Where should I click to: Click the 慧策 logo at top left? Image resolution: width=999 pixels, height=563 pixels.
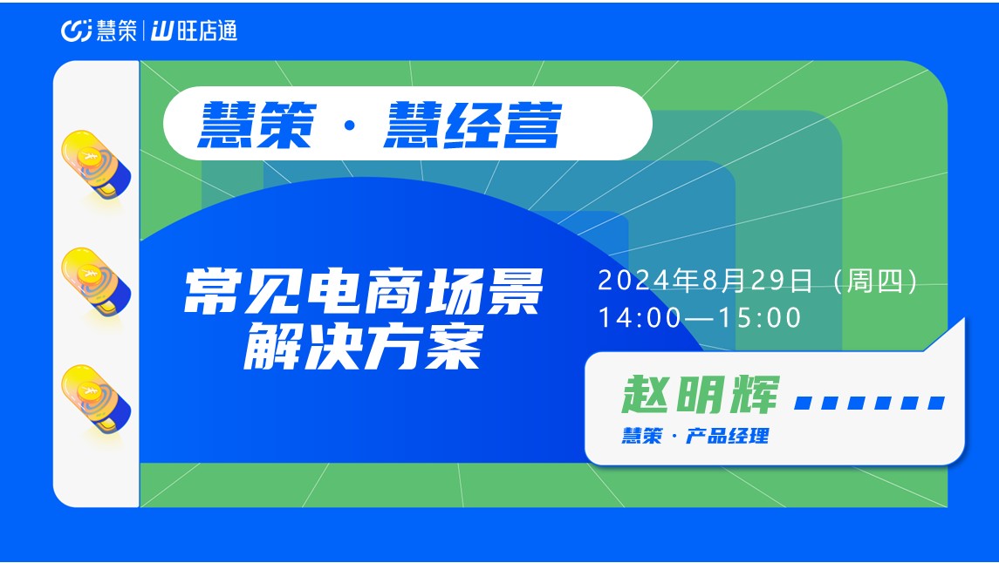[99, 31]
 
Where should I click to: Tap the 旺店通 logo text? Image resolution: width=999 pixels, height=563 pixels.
[195, 31]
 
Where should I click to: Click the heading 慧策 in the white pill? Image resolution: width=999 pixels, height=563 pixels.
[257, 125]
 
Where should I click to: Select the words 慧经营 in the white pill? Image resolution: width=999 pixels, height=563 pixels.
[472, 125]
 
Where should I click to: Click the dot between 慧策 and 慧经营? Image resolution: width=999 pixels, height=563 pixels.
[349, 126]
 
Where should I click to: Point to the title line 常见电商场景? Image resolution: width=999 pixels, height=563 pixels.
[363, 291]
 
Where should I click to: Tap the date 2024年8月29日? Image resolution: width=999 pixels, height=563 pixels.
[705, 281]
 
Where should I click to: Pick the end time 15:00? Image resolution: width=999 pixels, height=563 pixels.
[759, 318]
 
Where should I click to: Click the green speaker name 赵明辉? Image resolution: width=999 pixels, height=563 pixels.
[701, 395]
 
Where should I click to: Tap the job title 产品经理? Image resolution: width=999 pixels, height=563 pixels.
[727, 437]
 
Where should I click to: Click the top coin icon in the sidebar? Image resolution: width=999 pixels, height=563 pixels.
[96, 164]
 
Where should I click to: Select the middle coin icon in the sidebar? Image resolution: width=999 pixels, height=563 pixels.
[96, 281]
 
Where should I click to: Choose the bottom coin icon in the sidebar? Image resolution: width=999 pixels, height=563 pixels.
[96, 399]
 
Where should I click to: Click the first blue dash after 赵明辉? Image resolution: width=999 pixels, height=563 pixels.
[804, 403]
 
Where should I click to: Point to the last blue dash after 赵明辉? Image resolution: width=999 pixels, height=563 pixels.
[936, 403]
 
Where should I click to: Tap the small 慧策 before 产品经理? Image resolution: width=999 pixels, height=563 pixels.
[642, 437]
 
